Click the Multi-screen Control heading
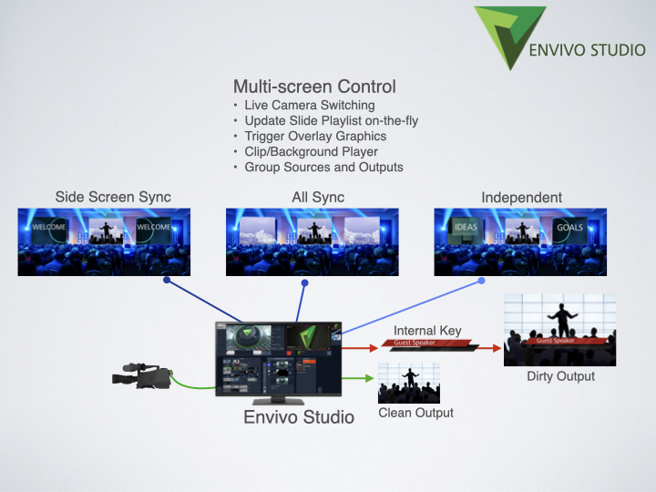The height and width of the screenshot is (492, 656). point(314,87)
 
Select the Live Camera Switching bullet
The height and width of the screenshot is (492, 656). point(310,106)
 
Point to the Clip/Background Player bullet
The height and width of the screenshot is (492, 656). point(311,152)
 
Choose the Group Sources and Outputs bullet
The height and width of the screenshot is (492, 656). point(323,168)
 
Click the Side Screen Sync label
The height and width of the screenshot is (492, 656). point(113,197)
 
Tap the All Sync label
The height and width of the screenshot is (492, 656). point(317,197)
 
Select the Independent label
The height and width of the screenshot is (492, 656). point(521,197)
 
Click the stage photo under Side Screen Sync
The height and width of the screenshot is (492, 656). point(104,241)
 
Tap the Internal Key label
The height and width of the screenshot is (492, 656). point(427,331)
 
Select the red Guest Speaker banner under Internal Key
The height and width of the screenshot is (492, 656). point(426,344)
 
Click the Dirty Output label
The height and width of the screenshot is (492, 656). point(560,376)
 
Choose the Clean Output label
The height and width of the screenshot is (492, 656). point(415,414)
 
